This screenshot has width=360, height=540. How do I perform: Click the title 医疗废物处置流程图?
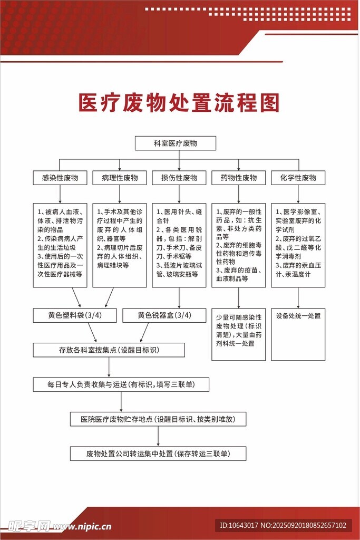click(x=179, y=103)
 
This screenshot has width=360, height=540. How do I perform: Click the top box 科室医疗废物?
click(x=175, y=143)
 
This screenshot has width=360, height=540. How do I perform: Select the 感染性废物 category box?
click(x=60, y=178)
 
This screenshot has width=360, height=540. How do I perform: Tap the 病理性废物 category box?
click(x=119, y=178)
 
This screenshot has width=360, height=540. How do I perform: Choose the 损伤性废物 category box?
click(x=179, y=178)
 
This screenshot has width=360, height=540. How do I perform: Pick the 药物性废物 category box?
click(x=238, y=178)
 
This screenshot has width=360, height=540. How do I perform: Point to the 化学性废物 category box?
click(x=298, y=178)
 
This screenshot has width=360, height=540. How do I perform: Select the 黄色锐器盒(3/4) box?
click(x=164, y=315)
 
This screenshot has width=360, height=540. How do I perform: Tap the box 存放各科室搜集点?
click(x=109, y=350)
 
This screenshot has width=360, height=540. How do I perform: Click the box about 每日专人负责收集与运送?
click(x=121, y=384)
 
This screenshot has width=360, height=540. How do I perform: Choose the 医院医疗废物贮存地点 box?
click(x=158, y=419)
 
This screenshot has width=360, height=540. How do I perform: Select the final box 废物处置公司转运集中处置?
click(x=158, y=454)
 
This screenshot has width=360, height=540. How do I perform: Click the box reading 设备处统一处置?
click(x=298, y=334)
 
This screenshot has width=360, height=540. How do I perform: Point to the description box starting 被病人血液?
click(x=60, y=245)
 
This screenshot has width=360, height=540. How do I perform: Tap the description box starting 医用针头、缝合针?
click(x=179, y=245)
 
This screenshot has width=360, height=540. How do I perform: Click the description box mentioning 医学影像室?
click(x=298, y=245)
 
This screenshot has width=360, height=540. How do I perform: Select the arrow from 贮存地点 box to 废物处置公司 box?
click(x=158, y=437)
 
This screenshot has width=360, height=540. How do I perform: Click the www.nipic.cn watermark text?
click(x=82, y=526)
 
